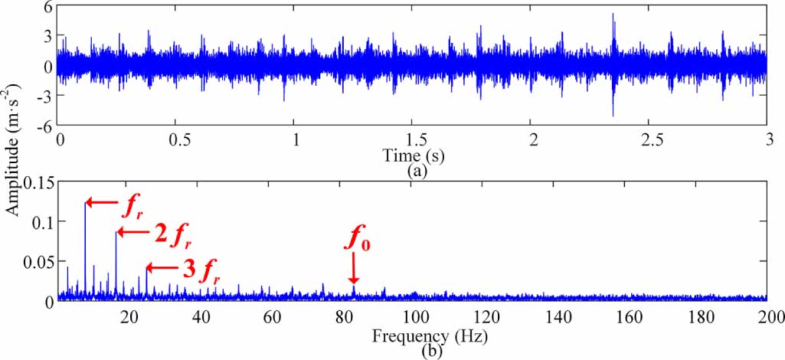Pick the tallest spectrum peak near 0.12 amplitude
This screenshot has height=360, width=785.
click(85, 204)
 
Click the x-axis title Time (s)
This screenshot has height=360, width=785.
click(414, 156)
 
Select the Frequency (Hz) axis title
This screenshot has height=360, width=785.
click(414, 335)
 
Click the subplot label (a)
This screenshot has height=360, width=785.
click(414, 171)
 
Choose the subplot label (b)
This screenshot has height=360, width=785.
click(414, 352)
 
